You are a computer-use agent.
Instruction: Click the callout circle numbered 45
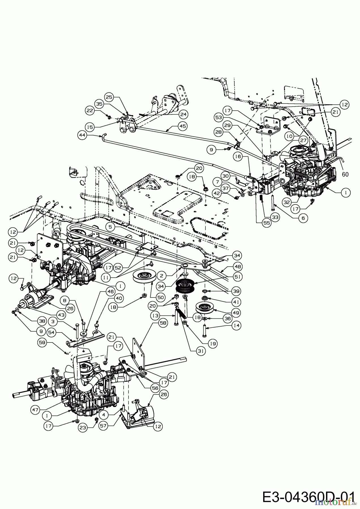tap(183, 126)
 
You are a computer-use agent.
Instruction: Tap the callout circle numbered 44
tap(83, 135)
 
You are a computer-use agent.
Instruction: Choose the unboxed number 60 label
tap(345, 175)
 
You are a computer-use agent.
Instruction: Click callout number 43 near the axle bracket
tap(61, 314)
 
